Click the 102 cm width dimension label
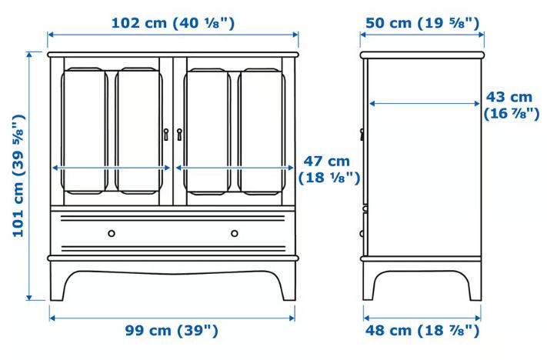coord(173,23)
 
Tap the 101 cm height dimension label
coord(18,175)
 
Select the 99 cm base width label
coord(172,330)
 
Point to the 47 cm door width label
coord(329,169)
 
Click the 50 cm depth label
coord(422,23)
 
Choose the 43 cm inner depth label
coord(511,105)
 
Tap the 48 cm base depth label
coord(422,330)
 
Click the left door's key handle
coord(166,135)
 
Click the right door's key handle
coord(179,135)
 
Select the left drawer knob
coord(112,233)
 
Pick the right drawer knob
coord(235,233)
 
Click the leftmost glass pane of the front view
coord(85,131)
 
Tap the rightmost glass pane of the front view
coord(262,132)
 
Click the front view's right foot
coord(289,282)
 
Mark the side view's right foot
coord(475,282)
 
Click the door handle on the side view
coord(362,135)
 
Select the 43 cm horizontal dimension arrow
coord(425,103)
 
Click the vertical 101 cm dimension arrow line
coord(29,176)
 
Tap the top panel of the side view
coord(422,55)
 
